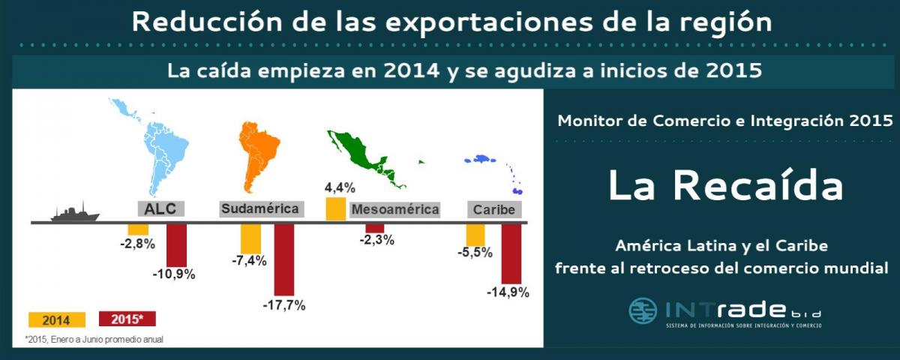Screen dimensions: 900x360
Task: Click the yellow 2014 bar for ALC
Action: pyautogui.click(x=138, y=229)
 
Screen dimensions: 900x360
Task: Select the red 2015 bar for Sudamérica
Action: pyautogui.click(x=284, y=259)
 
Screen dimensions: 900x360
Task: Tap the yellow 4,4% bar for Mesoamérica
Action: pyautogui.click(x=335, y=208)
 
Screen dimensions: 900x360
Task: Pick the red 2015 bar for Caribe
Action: pyautogui.click(x=511, y=254)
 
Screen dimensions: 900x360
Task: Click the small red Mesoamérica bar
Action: pyautogui.click(x=375, y=228)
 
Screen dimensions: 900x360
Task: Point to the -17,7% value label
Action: pyautogui.click(x=284, y=305)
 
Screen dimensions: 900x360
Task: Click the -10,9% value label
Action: pyautogui.click(x=174, y=274)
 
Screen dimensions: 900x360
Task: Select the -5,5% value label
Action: pyautogui.click(x=475, y=253)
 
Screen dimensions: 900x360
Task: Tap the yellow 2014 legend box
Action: pyautogui.click(x=57, y=319)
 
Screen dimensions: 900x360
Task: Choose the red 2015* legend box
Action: pyautogui.click(x=127, y=319)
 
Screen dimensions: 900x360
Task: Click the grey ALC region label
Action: pyautogui.click(x=160, y=209)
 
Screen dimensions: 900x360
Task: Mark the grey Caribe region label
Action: pyautogui.click(x=494, y=210)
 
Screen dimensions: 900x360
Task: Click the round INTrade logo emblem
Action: pyautogui.click(x=643, y=311)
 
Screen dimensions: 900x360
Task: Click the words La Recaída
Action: pyautogui.click(x=725, y=186)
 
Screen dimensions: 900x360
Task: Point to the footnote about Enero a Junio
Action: pyautogui.click(x=94, y=340)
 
